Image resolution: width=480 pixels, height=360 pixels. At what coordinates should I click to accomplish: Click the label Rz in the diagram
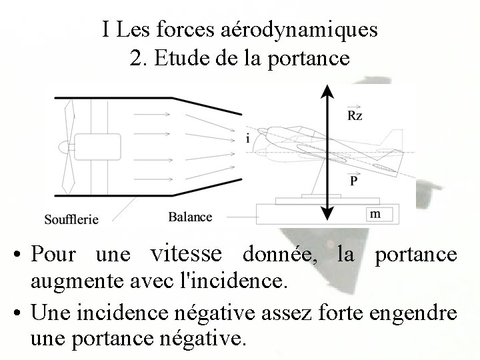[355, 115]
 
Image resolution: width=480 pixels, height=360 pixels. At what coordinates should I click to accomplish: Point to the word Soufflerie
[71, 218]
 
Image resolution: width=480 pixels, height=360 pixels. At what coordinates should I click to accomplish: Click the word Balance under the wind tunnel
[190, 217]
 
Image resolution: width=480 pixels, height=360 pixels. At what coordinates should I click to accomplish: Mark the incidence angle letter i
[247, 139]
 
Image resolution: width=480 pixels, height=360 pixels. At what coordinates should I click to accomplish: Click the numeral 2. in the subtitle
[137, 58]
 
